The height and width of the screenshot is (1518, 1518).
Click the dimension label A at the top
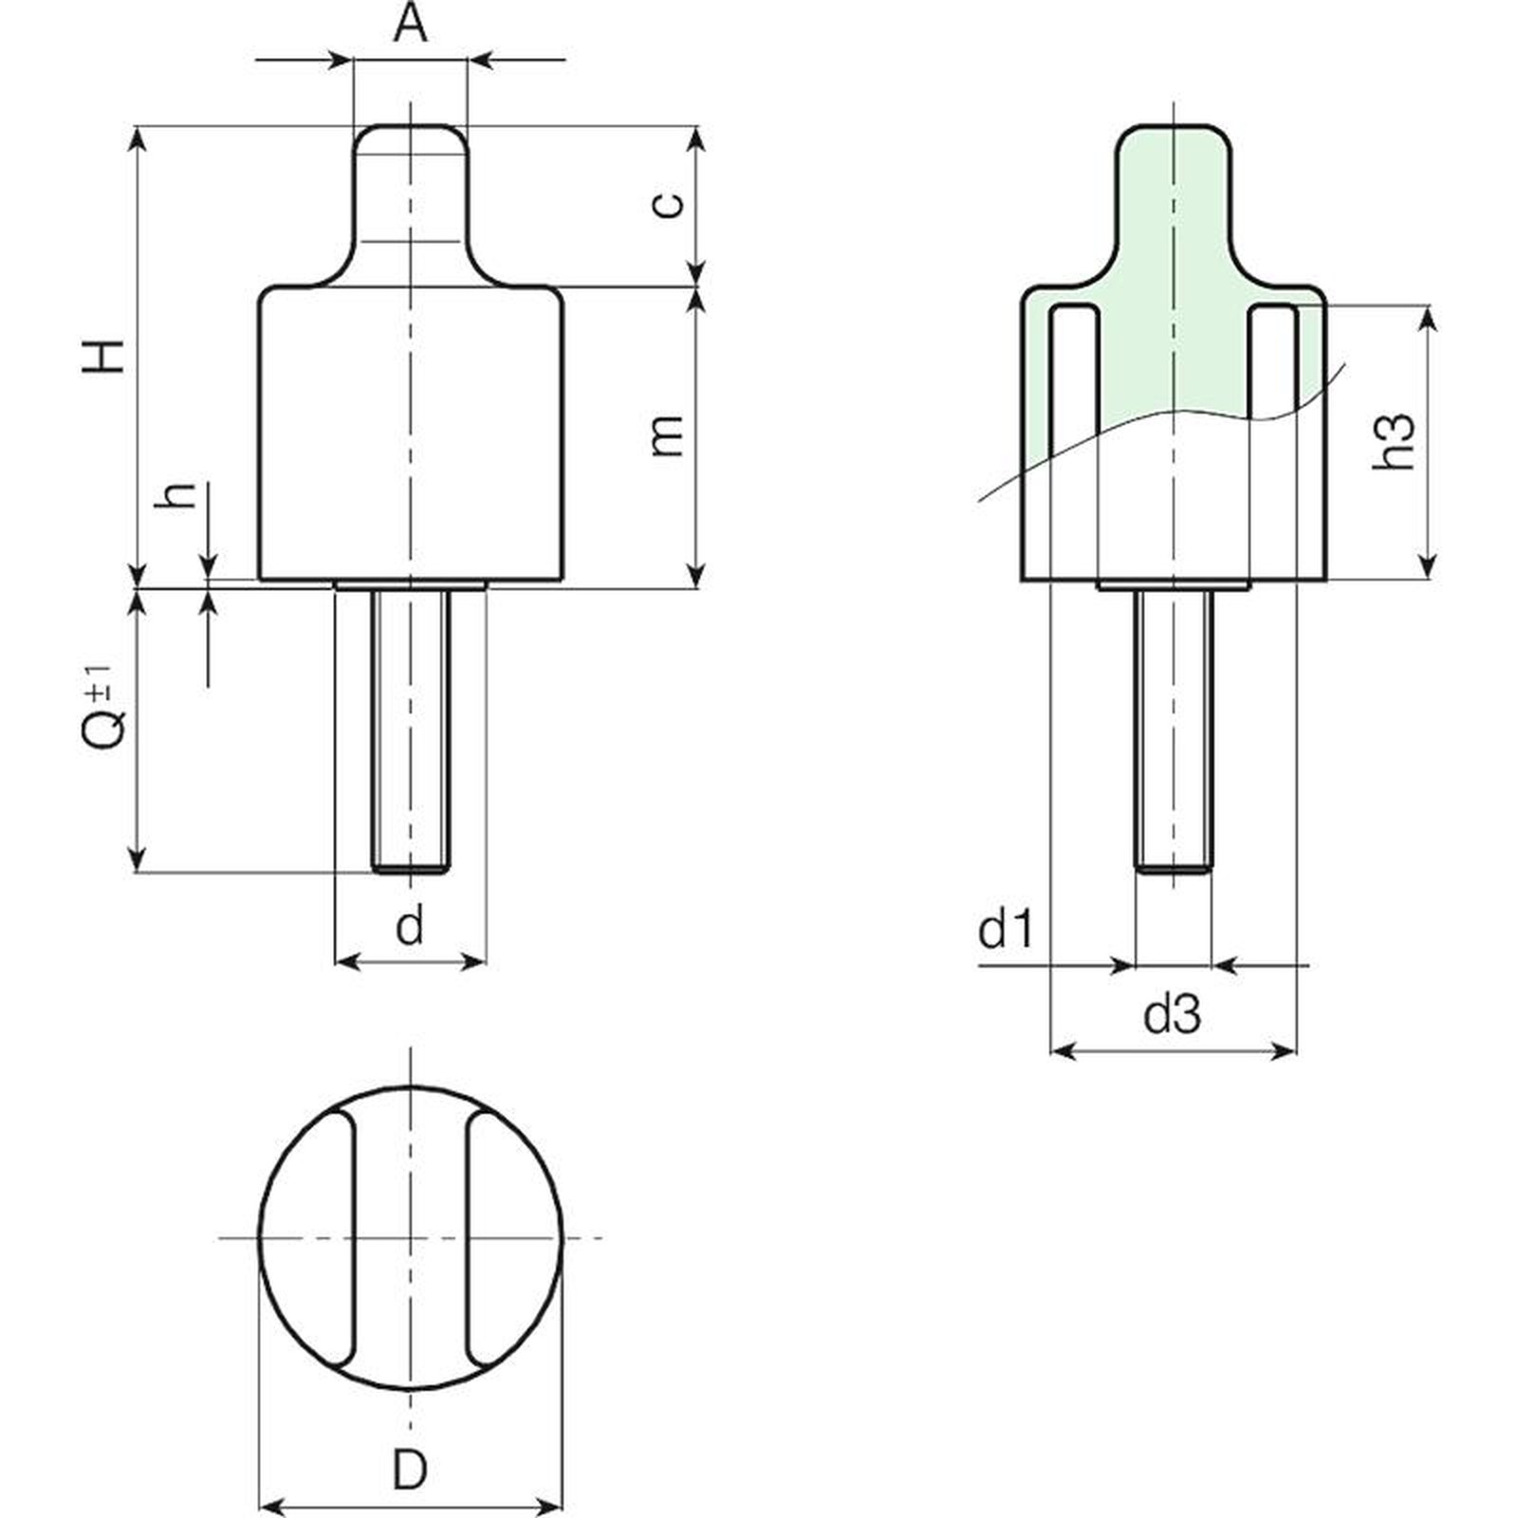click(x=410, y=25)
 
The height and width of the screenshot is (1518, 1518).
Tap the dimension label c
click(x=669, y=204)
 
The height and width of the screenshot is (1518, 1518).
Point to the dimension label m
click(x=668, y=435)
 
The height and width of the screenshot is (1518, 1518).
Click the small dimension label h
click(x=178, y=494)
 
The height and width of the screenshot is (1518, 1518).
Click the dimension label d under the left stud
click(x=410, y=925)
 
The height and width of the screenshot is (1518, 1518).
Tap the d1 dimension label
click(x=1006, y=931)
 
